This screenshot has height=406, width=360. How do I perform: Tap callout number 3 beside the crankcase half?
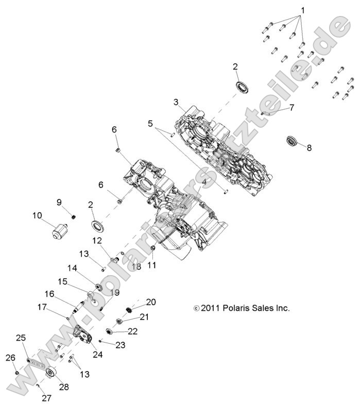pyautogui.click(x=176, y=102)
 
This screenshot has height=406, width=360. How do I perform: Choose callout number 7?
pyautogui.click(x=292, y=107)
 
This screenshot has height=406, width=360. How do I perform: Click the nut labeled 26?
pyautogui.click(x=16, y=372)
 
